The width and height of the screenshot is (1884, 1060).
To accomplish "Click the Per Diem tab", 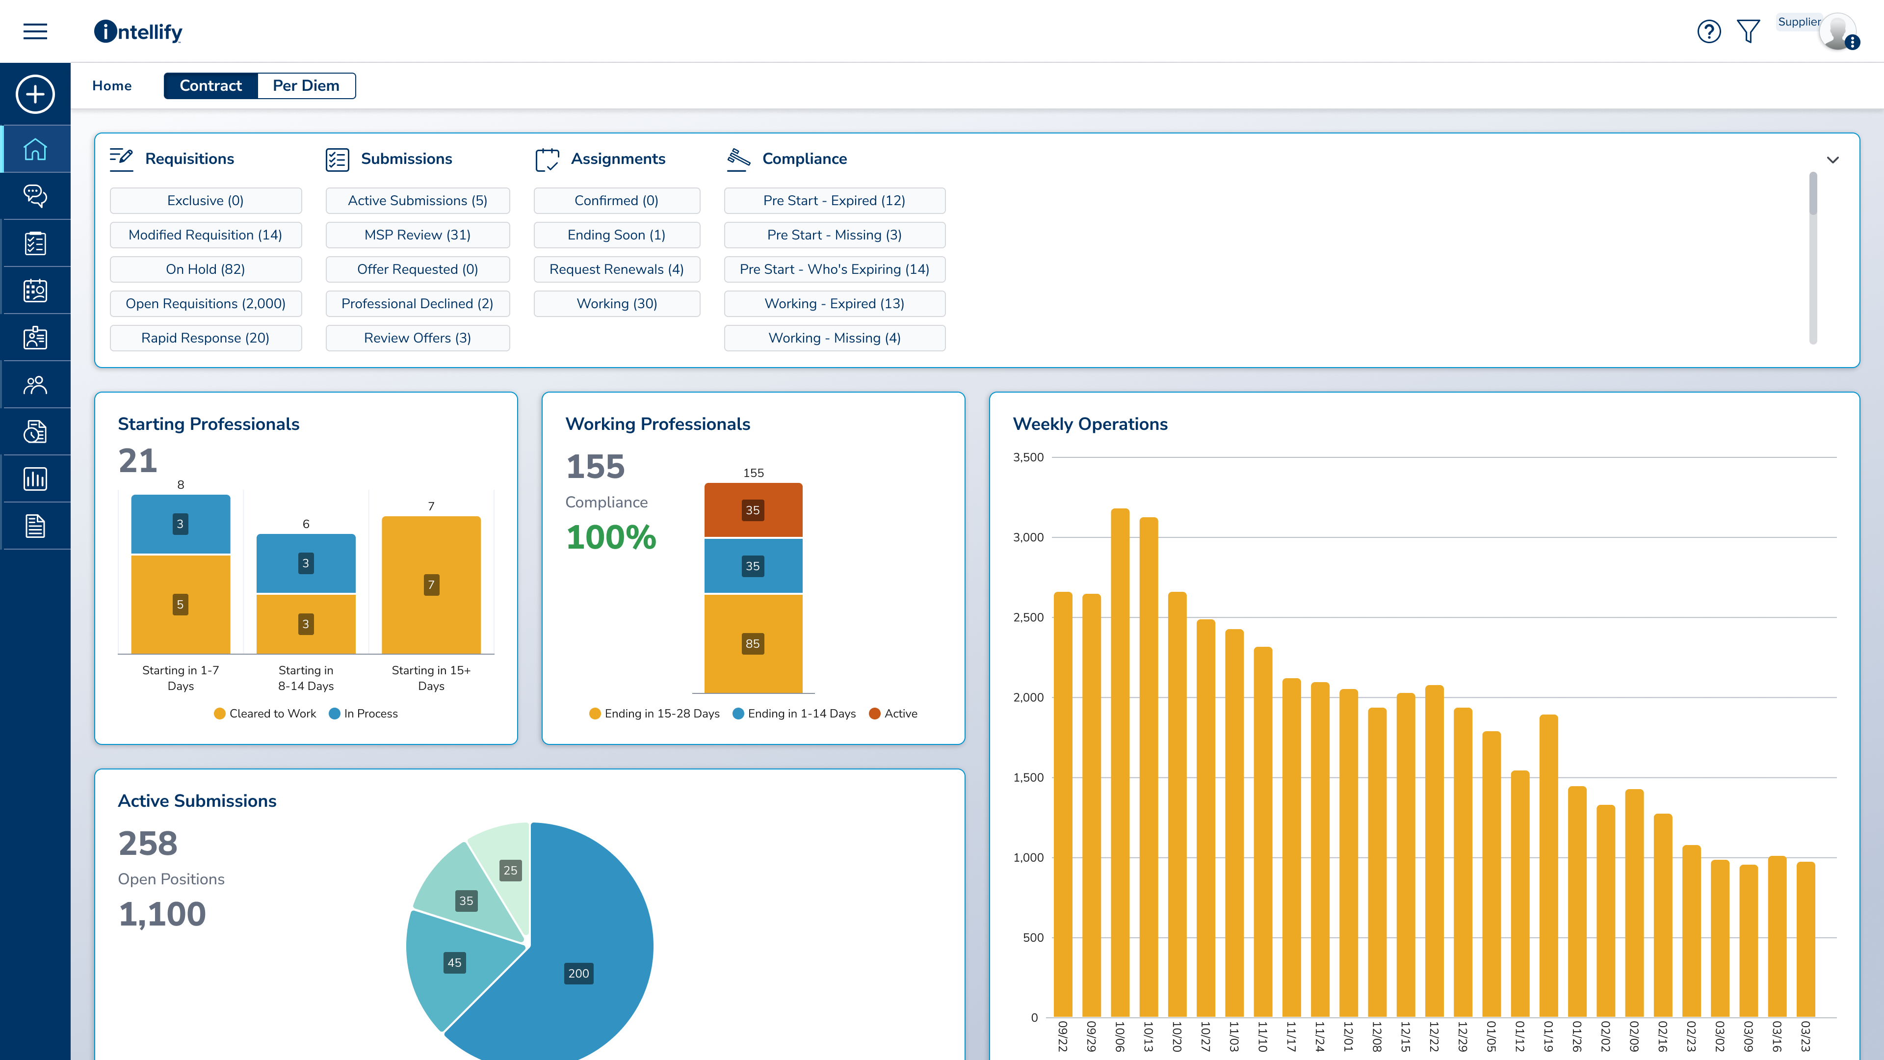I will pos(306,85).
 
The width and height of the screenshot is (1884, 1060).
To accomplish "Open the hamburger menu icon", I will pos(35,31).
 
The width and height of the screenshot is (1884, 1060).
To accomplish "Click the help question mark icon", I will pos(1708,31).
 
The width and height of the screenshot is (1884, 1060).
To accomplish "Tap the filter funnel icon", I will pos(1748,31).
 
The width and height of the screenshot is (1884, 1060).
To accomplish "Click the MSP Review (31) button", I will pos(417,235).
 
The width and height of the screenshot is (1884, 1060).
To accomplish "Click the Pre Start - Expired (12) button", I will pos(834,200).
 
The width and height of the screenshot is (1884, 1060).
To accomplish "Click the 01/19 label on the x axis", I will pos(1548,1036).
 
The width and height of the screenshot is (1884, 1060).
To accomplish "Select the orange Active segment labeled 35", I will pos(753,510).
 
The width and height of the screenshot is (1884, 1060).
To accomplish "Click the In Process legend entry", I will pos(364,713).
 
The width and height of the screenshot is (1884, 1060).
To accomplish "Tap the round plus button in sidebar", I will pos(35,94).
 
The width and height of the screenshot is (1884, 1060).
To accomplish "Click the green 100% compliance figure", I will pos(611,537).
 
